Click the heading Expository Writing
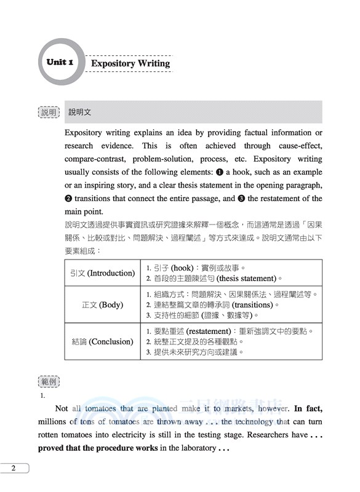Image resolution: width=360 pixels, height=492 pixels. click(x=130, y=63)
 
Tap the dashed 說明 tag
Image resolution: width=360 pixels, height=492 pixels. click(x=48, y=113)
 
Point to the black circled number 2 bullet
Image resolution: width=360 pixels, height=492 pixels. click(x=68, y=199)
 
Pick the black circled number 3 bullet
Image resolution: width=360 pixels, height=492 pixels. click(x=241, y=199)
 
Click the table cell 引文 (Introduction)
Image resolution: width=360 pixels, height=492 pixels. click(x=103, y=272)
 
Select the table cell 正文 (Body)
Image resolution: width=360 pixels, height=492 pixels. click(x=103, y=304)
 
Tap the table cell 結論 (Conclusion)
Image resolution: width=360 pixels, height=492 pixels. click(x=103, y=341)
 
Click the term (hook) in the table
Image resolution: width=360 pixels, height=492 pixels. click(x=182, y=268)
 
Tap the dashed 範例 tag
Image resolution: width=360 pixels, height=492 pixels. click(x=48, y=382)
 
